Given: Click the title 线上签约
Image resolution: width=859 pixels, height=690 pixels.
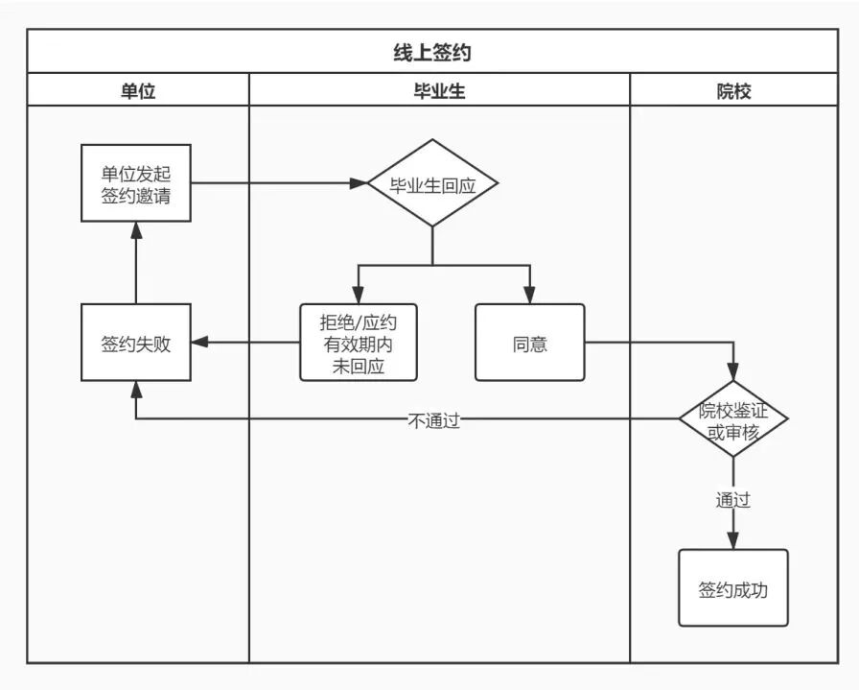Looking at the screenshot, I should [x=432, y=53].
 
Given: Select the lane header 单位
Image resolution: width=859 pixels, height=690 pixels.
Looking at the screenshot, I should [x=136, y=92].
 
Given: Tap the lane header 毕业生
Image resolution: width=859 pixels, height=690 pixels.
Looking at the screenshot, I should [x=439, y=92].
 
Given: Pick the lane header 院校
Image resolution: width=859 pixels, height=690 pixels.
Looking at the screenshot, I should [x=733, y=92].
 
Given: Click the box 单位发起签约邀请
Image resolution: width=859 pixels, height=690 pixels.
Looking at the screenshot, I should [x=136, y=182].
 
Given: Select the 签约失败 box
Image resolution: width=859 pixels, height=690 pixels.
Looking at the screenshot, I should [x=136, y=343].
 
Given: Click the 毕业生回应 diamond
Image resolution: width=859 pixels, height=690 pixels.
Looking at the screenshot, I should [x=432, y=183].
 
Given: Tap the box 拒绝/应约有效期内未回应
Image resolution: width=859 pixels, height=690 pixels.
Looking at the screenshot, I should [x=359, y=343].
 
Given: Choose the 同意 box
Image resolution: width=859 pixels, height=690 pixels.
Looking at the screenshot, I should [x=529, y=343].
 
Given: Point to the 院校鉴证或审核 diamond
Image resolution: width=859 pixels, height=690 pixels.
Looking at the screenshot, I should [x=733, y=419].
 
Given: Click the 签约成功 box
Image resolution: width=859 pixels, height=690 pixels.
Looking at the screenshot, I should [x=733, y=588].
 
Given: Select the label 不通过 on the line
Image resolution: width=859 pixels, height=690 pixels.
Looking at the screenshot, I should [x=434, y=419].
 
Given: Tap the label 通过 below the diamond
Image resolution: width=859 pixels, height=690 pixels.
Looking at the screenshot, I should [x=733, y=500].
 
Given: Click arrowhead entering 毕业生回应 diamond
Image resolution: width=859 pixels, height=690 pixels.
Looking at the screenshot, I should [x=360, y=182].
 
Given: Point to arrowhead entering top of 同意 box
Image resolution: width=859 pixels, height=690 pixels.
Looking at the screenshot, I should [x=529, y=297].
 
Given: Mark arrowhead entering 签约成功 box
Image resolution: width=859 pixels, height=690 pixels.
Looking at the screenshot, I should [x=733, y=542].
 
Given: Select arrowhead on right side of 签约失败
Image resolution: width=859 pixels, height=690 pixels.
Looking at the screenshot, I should [x=198, y=343].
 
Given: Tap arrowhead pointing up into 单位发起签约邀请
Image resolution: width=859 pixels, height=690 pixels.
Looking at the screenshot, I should [x=136, y=228].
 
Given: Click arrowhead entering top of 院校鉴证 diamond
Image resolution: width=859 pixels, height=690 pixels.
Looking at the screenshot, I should [x=733, y=372].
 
